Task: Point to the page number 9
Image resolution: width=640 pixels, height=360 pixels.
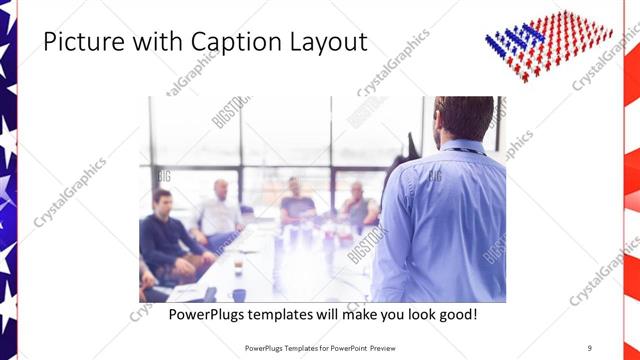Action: (x=589, y=348)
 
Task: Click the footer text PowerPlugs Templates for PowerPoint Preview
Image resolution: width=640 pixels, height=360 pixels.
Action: (x=320, y=348)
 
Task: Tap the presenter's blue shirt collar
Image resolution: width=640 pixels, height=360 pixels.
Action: (x=463, y=148)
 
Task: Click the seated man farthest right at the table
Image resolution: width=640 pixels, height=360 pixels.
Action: (x=358, y=206)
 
